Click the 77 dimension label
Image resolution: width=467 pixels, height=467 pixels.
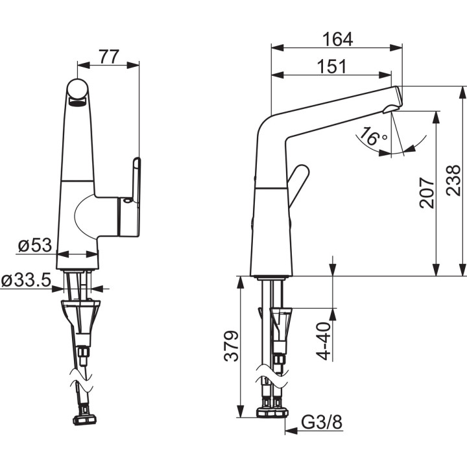(109, 56)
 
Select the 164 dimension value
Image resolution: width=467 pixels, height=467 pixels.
(337, 39)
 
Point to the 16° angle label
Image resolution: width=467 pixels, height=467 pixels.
(374, 138)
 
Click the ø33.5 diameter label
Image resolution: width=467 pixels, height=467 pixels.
(26, 280)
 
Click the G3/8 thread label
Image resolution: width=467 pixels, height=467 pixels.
(321, 424)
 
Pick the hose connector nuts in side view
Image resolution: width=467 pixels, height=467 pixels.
(272, 411)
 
